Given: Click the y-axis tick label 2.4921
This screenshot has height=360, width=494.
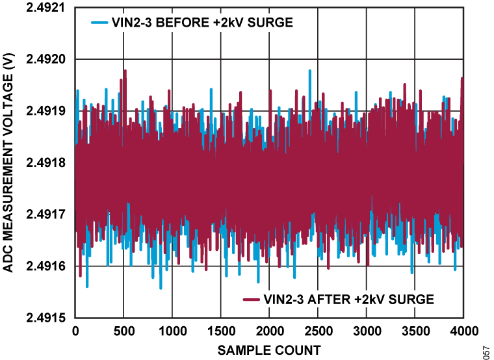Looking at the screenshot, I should click(x=47, y=8).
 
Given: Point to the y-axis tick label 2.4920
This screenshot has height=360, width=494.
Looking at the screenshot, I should click(x=47, y=59).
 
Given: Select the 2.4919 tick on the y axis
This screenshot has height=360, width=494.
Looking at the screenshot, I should click(x=47, y=110).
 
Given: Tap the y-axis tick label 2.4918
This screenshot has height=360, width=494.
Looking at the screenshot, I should click(x=47, y=162).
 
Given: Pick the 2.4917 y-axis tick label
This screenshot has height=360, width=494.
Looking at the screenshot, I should click(x=47, y=214).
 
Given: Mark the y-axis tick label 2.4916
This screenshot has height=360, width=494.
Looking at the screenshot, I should click(x=47, y=266).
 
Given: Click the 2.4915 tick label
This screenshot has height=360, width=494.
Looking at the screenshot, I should click(x=47, y=318).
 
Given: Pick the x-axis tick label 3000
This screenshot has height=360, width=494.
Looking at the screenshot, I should click(x=366, y=331).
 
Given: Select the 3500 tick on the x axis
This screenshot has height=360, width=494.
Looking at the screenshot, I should click(x=414, y=331).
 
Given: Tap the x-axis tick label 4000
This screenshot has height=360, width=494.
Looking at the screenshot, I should click(x=462, y=331).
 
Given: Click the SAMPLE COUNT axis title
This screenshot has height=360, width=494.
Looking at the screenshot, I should click(x=268, y=350).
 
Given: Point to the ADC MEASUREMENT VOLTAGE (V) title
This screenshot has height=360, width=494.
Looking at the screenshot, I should click(x=8, y=162).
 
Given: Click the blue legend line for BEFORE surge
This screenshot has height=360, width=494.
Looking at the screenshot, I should click(x=99, y=23).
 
